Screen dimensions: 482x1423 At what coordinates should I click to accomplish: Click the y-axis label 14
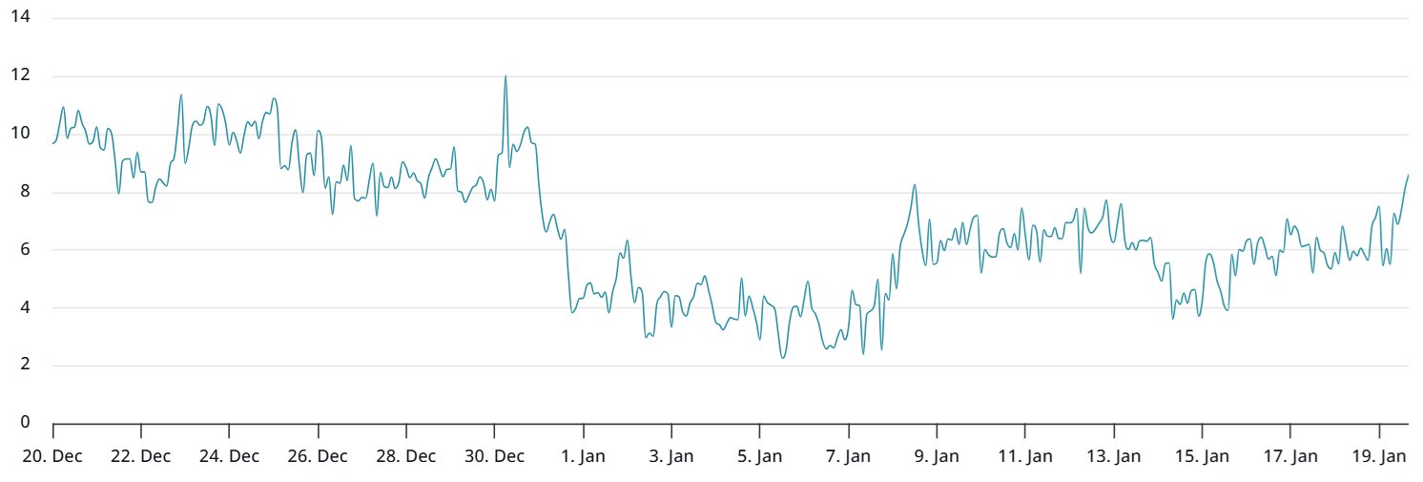click(20, 16)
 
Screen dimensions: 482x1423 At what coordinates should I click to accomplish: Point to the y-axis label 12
click(20, 74)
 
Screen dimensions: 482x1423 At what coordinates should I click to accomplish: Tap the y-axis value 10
click(20, 133)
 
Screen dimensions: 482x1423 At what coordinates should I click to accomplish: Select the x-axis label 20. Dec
click(52, 456)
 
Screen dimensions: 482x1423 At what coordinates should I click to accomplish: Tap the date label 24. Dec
click(229, 456)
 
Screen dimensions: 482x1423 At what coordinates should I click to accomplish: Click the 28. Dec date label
click(405, 456)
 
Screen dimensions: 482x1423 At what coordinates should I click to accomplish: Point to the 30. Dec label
click(494, 456)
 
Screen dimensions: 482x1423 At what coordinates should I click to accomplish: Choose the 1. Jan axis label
click(584, 456)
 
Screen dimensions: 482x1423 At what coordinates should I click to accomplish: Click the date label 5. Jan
click(760, 456)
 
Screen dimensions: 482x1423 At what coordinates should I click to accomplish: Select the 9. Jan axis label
click(937, 456)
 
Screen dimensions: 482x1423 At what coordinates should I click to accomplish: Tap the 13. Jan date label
click(1113, 456)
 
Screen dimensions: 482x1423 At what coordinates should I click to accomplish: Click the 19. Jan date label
click(1379, 456)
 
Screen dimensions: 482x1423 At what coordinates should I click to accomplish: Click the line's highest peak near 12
click(505, 75)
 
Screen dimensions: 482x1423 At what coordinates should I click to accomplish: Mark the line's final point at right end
click(1408, 176)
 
